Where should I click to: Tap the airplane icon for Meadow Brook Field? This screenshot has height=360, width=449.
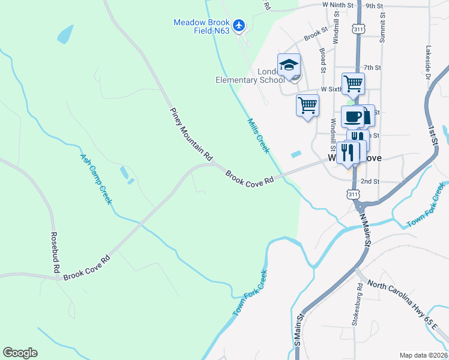[x=240, y=25]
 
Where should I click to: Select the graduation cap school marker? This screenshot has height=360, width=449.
[x=289, y=65]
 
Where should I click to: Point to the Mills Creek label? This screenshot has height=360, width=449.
[x=259, y=135]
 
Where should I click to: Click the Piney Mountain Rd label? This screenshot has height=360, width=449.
[x=191, y=134]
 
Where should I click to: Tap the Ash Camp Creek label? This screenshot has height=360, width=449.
[x=96, y=179]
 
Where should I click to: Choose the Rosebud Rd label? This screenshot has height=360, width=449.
[x=56, y=253]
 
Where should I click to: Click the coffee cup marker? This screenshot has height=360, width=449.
[x=353, y=116]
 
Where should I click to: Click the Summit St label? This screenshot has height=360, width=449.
[x=382, y=30]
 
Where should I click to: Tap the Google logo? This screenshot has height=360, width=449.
[x=20, y=353]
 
